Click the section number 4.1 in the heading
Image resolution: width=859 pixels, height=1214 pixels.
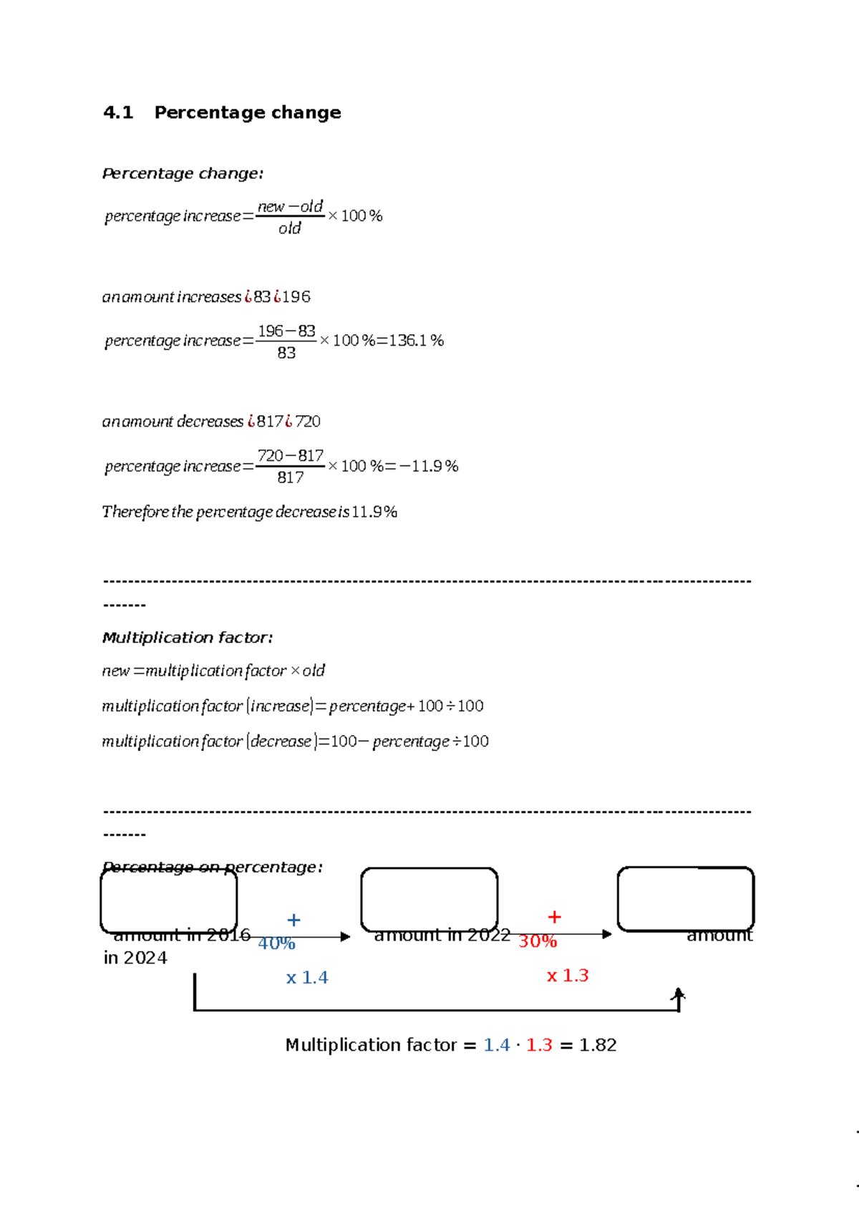coord(118,112)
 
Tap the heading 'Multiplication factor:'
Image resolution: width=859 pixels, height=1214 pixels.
coord(187,637)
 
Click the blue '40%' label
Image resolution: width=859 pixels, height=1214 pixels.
coord(276,943)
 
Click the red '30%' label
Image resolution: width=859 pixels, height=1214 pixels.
coord(538,941)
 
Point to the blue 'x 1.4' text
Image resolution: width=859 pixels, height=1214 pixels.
coord(307,978)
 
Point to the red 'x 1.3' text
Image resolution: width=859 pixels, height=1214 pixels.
coord(568,976)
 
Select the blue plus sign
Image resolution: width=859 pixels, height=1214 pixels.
coord(293,920)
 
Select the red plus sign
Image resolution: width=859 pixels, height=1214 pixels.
coord(554,917)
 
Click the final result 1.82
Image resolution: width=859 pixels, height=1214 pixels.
coord(598,1045)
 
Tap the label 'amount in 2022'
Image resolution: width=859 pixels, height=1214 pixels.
coord(442,935)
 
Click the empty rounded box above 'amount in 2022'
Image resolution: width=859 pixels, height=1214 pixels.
coord(429,899)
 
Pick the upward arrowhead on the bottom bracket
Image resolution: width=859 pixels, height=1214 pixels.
coord(679,994)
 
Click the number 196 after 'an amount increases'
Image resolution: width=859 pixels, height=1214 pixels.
coord(296,296)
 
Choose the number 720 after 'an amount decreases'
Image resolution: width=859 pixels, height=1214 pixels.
coord(308,422)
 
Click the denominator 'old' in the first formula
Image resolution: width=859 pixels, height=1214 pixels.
coord(290,228)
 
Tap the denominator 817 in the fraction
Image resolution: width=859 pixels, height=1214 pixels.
coord(291,477)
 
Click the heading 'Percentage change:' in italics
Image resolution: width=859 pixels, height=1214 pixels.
coord(183,173)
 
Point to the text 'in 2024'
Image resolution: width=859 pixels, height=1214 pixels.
coord(135,958)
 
